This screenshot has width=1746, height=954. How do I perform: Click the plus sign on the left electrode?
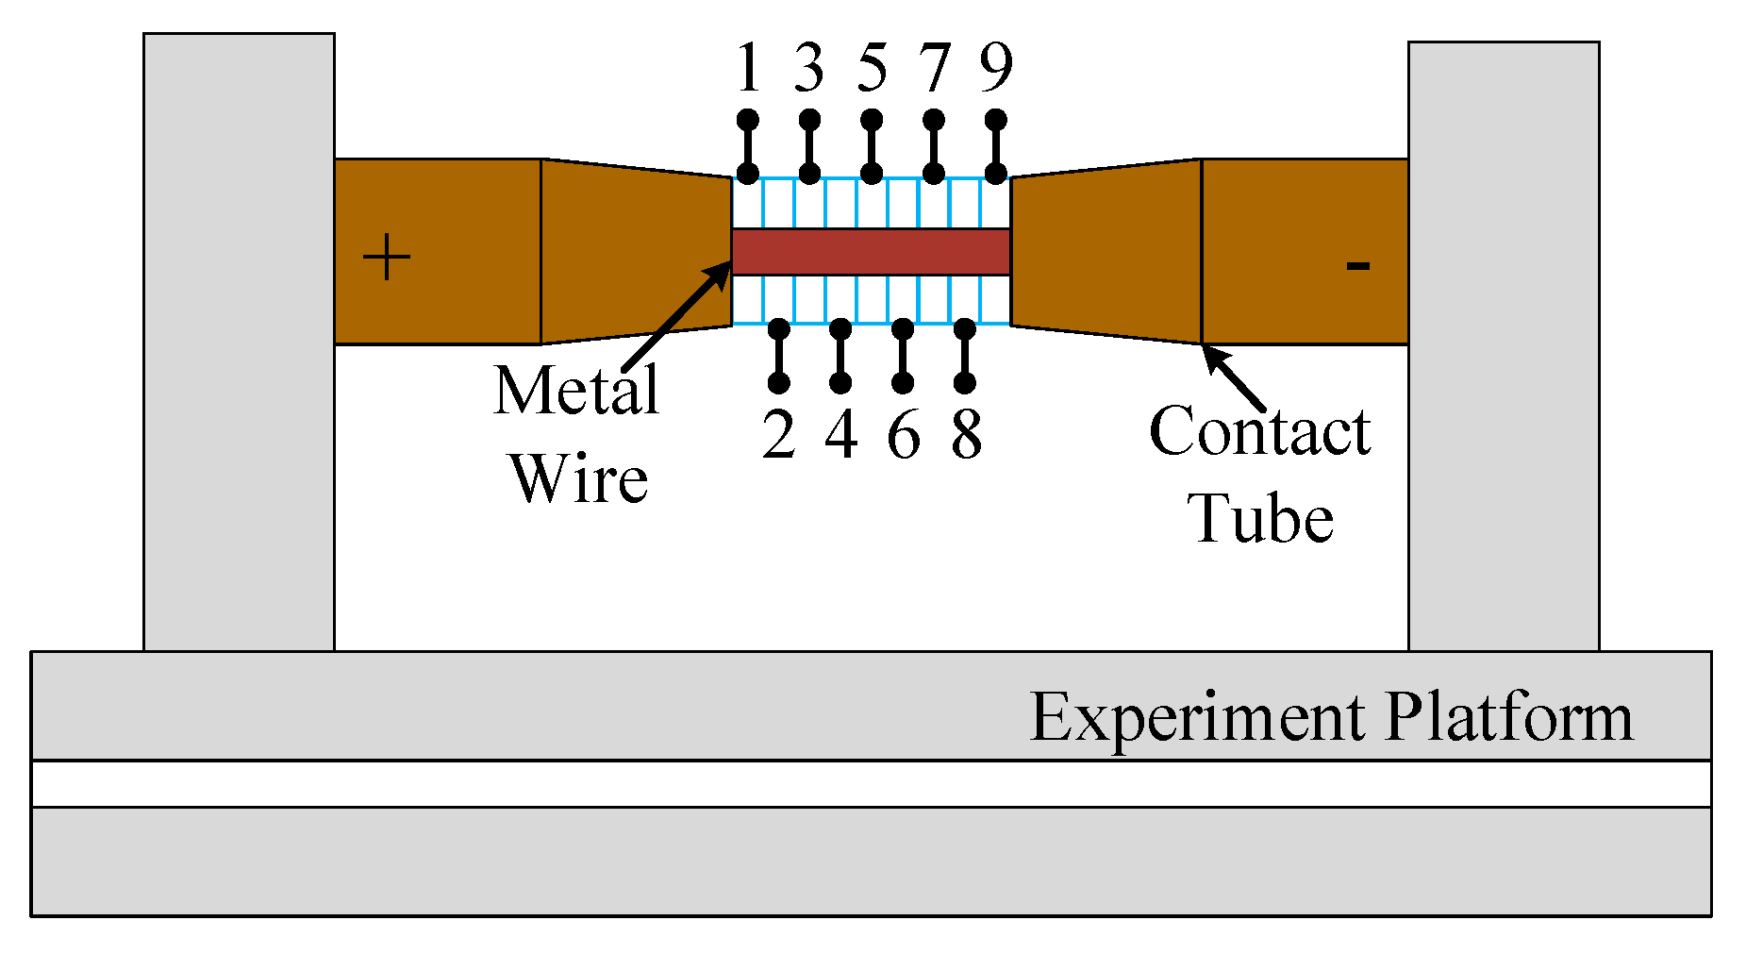(x=387, y=258)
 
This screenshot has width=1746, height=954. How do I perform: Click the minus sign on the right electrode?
(x=1357, y=266)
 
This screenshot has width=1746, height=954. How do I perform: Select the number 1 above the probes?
(x=748, y=68)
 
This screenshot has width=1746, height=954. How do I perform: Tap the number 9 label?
(x=996, y=68)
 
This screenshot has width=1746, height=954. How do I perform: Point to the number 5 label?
(x=872, y=68)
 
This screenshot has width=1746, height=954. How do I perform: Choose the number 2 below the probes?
(x=778, y=435)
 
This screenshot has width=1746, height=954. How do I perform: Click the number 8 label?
(x=966, y=435)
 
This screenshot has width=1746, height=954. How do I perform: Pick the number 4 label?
(x=840, y=435)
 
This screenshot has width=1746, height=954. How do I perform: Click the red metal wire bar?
(x=871, y=251)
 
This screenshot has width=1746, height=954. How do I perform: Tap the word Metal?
(x=575, y=390)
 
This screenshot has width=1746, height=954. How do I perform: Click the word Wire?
(x=579, y=478)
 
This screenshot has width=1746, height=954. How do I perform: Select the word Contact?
(x=1259, y=431)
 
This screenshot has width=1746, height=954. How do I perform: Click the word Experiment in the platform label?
(x=1196, y=717)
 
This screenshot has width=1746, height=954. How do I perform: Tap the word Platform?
(x=1509, y=717)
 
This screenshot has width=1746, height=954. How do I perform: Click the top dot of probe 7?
(x=934, y=121)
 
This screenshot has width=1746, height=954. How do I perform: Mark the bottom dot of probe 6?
(x=903, y=382)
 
